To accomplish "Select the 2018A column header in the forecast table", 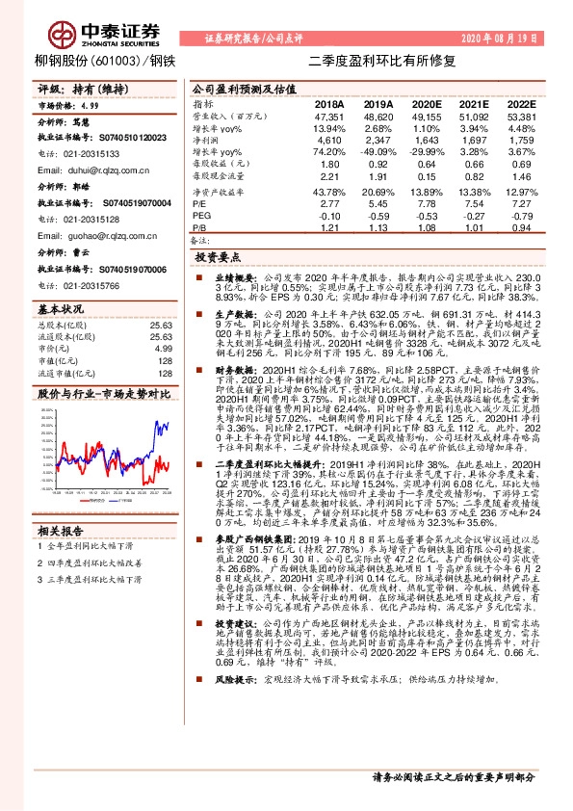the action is [x=330, y=103].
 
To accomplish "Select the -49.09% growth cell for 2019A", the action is [x=377, y=151].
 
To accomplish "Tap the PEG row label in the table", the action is [x=201, y=217].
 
